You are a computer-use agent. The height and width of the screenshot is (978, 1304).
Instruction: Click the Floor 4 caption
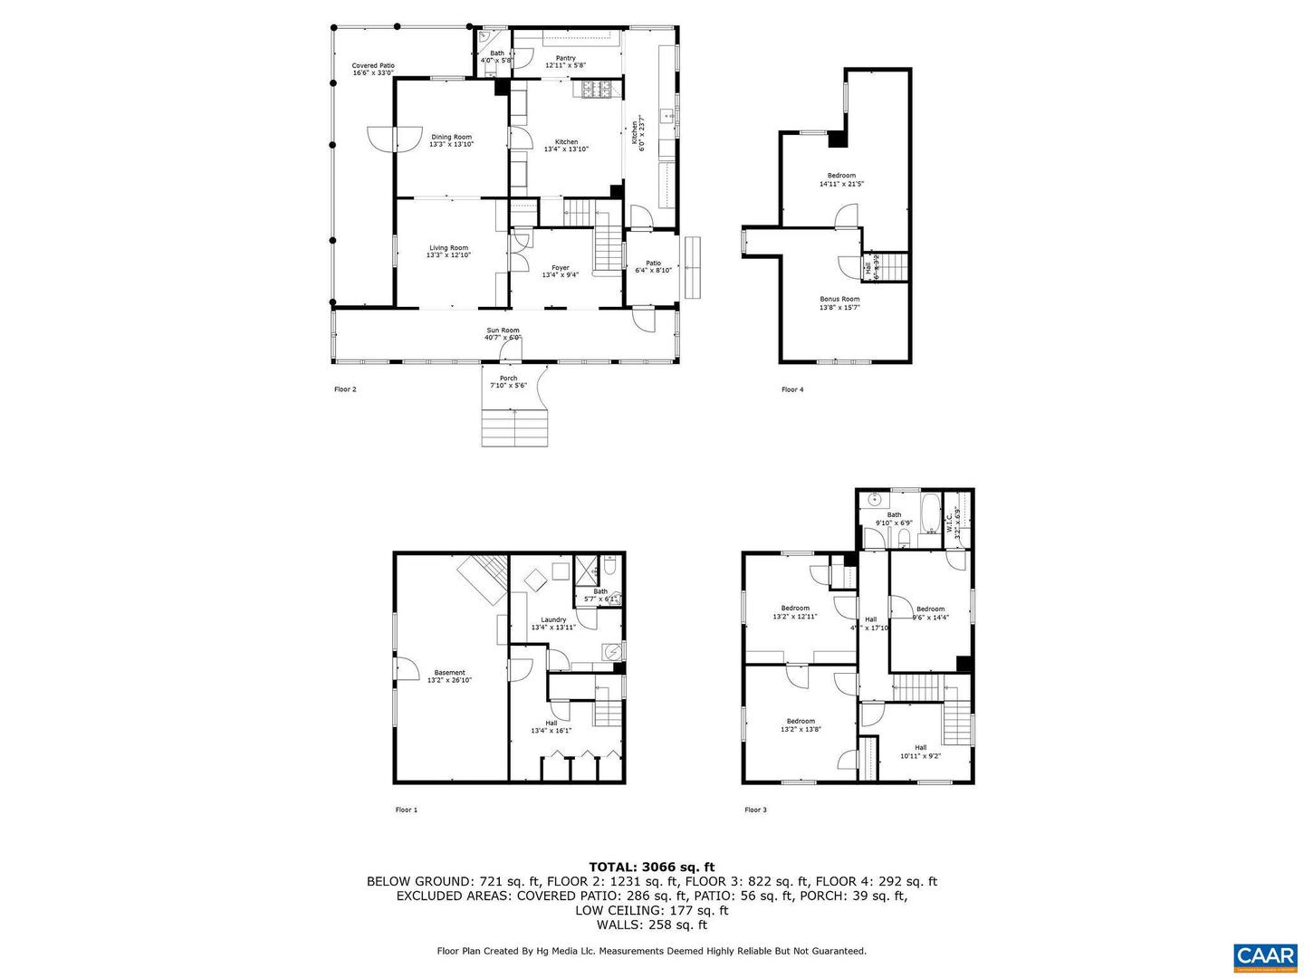point(792,390)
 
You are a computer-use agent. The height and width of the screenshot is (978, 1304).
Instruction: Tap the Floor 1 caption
point(407,810)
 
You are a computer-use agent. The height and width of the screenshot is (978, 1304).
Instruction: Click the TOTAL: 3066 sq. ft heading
point(651,867)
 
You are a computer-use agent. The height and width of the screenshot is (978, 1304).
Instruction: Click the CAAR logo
point(1264,956)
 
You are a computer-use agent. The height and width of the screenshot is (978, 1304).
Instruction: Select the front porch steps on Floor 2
point(514,427)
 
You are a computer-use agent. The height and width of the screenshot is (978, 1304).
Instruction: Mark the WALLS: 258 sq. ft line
point(651,925)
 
